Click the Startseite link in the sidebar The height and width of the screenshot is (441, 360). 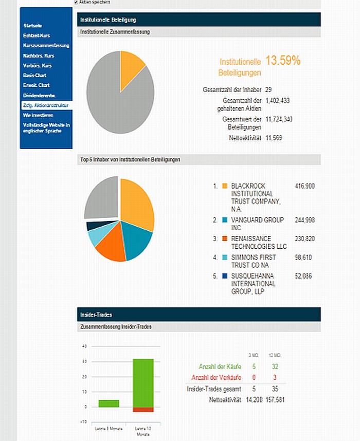point(32,26)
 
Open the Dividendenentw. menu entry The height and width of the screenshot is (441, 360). point(39,95)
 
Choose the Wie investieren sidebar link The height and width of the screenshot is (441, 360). point(38,115)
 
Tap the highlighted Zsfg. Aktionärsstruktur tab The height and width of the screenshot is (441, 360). point(45,105)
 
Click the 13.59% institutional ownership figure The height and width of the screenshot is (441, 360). point(282,61)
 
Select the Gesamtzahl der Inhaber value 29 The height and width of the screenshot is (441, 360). point(268,89)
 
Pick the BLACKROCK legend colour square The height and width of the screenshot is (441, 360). point(225,186)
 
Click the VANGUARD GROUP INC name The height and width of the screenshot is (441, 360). point(257,224)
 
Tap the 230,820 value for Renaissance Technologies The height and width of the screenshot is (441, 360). point(305,238)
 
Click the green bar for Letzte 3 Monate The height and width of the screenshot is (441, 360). point(109,403)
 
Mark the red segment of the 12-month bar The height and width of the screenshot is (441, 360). point(143,409)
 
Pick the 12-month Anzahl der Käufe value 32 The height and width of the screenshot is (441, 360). point(276,366)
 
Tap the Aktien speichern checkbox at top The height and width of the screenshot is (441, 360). point(77,3)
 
